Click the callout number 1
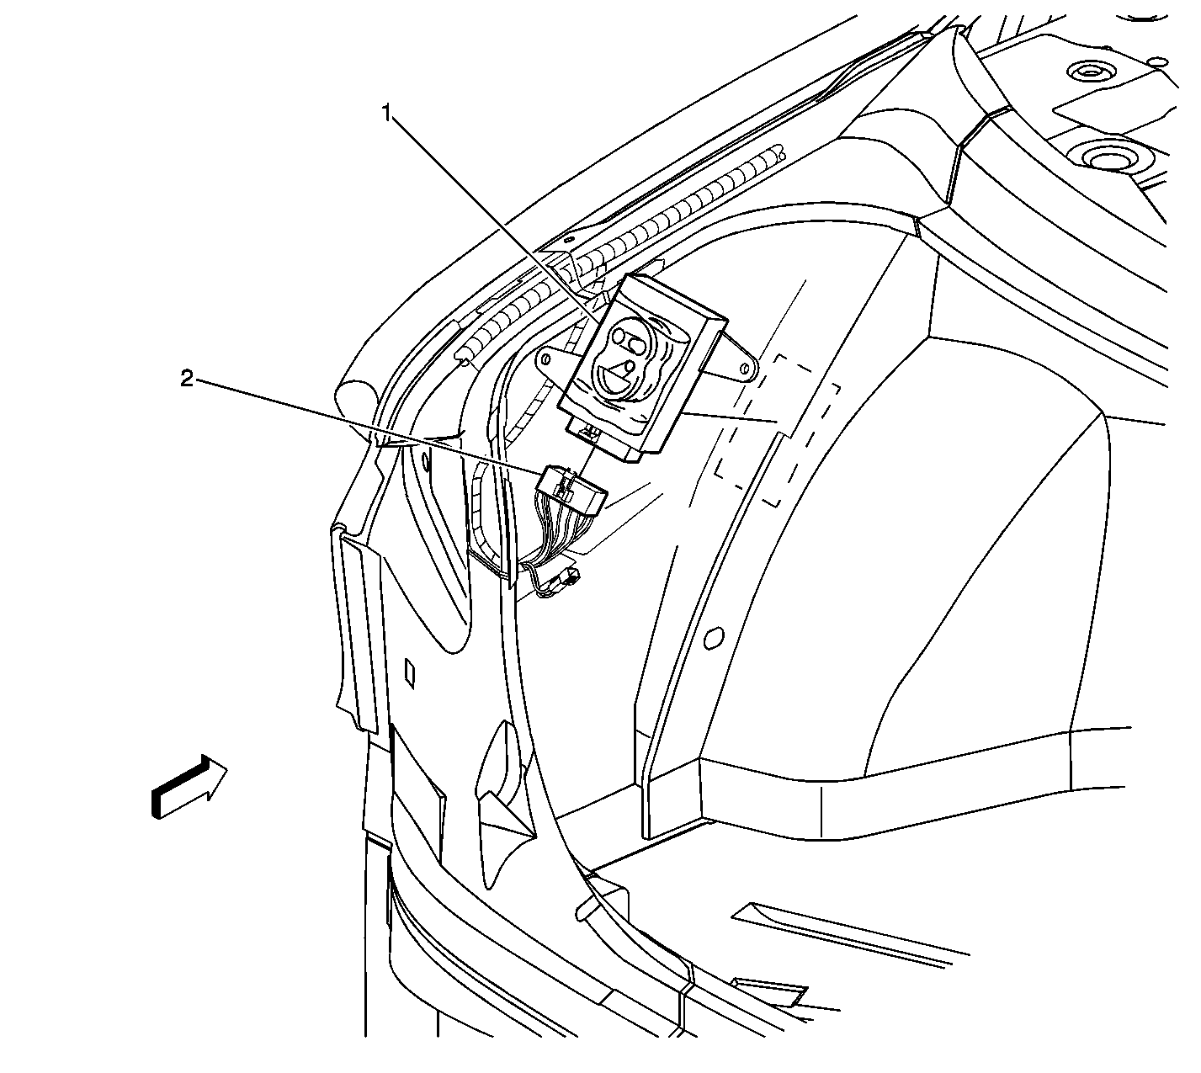tap(387, 113)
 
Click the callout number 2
tap(188, 379)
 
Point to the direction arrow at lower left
tap(189, 786)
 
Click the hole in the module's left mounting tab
tap(545, 358)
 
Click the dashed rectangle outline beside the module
tap(777, 431)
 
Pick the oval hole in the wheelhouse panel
tap(712, 637)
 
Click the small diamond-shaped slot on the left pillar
tap(410, 673)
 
